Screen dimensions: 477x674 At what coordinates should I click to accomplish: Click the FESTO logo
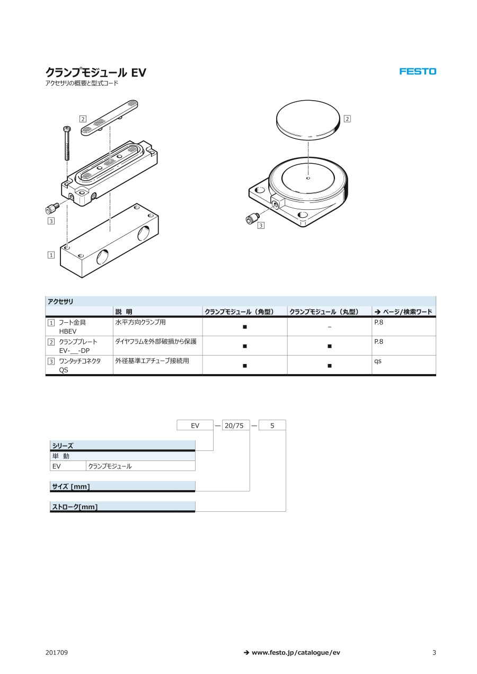click(x=418, y=72)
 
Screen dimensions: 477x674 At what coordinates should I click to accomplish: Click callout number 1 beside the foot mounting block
click(x=51, y=255)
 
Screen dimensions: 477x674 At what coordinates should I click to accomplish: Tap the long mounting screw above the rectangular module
click(x=67, y=144)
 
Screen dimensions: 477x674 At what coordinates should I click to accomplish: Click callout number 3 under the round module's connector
click(x=261, y=225)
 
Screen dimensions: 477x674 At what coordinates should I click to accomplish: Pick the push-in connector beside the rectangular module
click(x=51, y=208)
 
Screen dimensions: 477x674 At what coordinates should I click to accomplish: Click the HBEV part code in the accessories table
click(x=68, y=331)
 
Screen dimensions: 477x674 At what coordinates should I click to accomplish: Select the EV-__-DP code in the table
click(x=74, y=351)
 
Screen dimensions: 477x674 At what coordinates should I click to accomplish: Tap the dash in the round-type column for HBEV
click(x=330, y=327)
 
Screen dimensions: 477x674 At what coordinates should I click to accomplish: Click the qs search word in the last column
click(x=378, y=361)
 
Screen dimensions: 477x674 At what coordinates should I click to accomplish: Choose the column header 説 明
click(x=123, y=312)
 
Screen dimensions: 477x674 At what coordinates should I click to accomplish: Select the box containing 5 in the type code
click(x=272, y=425)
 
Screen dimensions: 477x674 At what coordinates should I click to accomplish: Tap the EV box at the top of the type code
click(x=195, y=425)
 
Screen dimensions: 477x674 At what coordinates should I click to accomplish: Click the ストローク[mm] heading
click(x=75, y=507)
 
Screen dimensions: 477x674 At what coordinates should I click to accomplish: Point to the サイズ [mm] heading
click(x=71, y=486)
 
